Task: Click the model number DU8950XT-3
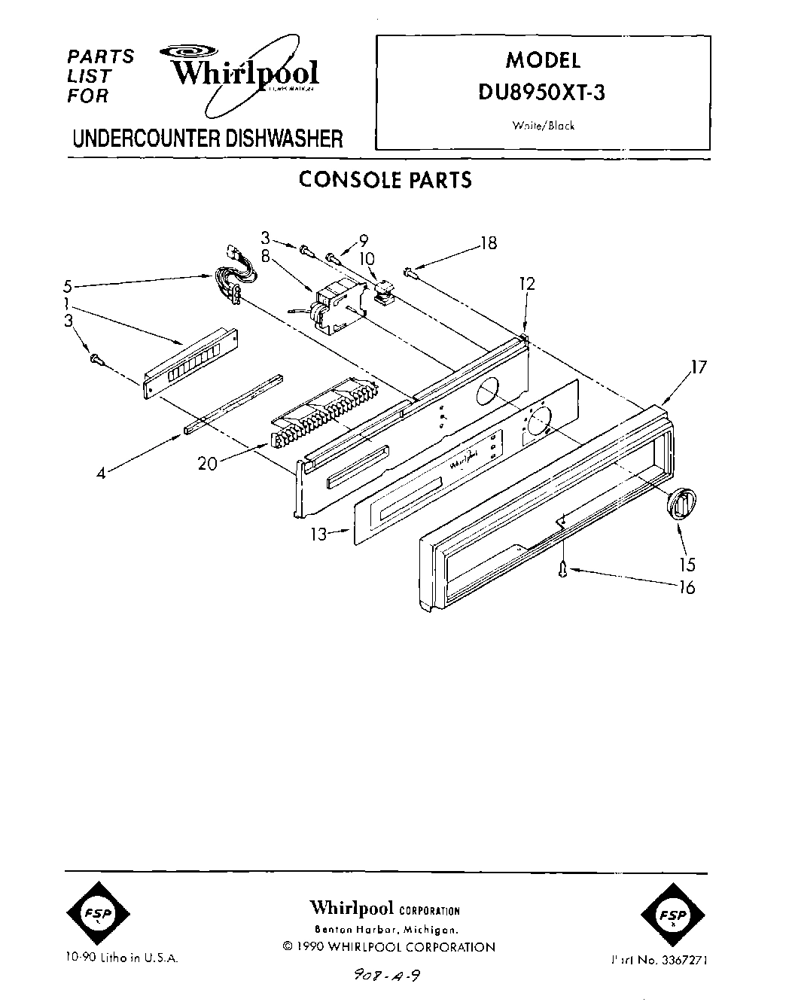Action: [x=542, y=94]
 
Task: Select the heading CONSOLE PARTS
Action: [x=385, y=180]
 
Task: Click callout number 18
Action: [x=489, y=244]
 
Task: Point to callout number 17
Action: [x=699, y=367]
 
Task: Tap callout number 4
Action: [x=100, y=473]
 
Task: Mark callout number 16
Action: [x=687, y=587]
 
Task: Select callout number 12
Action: [x=526, y=284]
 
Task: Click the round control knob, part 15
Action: [x=682, y=502]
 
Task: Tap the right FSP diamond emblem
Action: [x=673, y=915]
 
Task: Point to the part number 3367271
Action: [x=683, y=960]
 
